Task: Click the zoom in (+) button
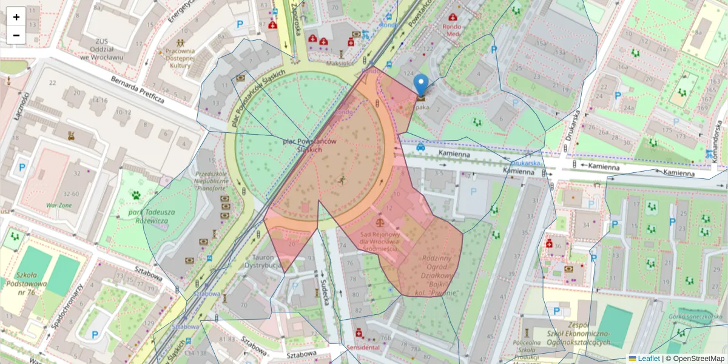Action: click(16, 17)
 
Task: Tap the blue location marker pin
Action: click(420, 85)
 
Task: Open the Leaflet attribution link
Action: click(648, 359)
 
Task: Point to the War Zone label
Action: click(59, 205)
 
